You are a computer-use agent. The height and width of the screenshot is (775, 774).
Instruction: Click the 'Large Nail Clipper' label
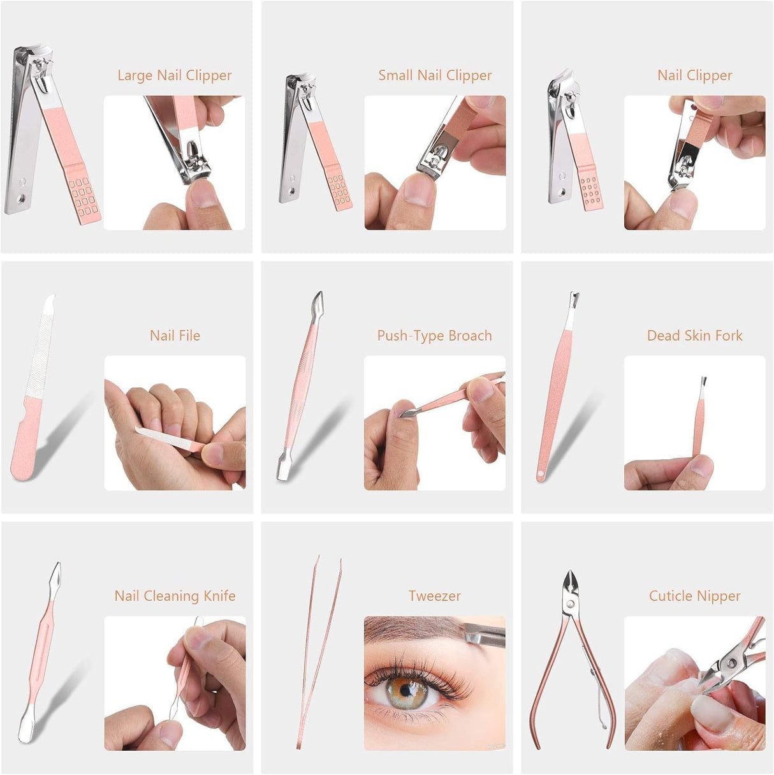(174, 75)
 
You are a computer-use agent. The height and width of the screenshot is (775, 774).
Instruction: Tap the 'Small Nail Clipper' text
(435, 75)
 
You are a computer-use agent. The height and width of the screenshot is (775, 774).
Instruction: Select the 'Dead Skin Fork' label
(694, 336)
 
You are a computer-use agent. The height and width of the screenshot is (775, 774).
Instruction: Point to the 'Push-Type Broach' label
(434, 336)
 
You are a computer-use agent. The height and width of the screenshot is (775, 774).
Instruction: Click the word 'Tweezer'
(434, 596)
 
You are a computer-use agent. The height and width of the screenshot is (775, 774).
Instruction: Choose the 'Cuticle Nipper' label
(694, 596)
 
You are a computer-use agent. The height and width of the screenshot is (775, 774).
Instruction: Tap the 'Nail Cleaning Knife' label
(175, 596)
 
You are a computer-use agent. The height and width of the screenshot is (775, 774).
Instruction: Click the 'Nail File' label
(175, 336)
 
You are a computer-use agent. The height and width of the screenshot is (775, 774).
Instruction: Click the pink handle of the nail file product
(24, 440)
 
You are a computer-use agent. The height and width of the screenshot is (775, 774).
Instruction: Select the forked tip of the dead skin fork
(574, 298)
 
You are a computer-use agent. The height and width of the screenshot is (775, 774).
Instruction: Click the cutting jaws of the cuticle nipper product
(569, 584)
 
